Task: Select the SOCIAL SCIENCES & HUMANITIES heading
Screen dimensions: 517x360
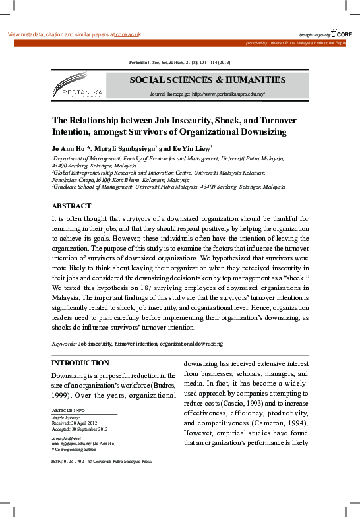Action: coord(207,80)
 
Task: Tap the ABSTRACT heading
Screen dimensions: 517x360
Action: coord(72,206)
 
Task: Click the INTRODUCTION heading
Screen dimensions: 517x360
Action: coord(80,363)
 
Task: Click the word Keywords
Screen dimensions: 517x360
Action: coord(64,344)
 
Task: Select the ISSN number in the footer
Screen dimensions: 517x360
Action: coord(73,463)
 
